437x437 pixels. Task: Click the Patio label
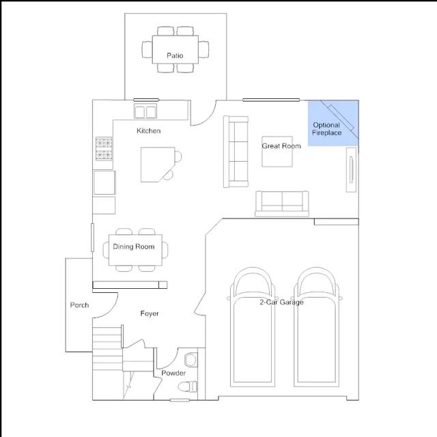[175, 55]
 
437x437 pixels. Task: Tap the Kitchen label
[149, 130]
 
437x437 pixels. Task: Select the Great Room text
[281, 145]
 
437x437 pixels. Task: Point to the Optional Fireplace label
[326, 129]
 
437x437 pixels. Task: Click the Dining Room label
[134, 246]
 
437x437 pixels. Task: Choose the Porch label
[79, 305]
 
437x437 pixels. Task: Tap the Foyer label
[150, 313]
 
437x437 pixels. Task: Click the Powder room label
[173, 373]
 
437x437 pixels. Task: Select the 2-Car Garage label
[281, 302]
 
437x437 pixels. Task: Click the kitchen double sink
[145, 111]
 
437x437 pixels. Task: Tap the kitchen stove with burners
[104, 149]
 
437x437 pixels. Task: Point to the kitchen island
[158, 165]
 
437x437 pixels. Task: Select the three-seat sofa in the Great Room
[236, 152]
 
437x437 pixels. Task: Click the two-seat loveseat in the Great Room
[282, 203]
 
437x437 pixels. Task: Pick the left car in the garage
[252, 327]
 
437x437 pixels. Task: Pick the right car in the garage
[316, 327]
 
